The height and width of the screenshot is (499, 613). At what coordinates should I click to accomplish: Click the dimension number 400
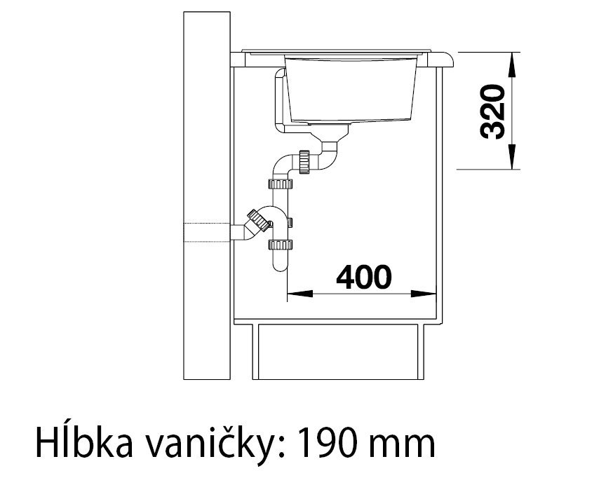(x=363, y=278)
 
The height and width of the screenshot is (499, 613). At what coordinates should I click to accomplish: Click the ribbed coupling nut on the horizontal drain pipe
(x=304, y=160)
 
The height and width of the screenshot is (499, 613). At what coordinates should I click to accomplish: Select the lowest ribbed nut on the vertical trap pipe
(x=280, y=245)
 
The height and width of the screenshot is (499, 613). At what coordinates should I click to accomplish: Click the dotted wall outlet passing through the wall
(x=207, y=232)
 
